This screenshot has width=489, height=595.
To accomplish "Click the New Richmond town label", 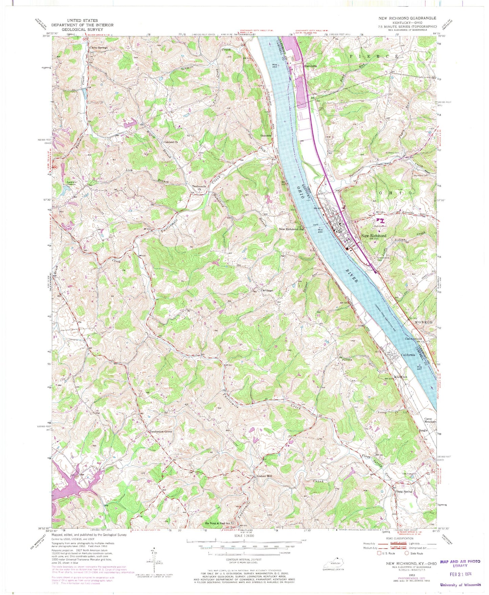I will tap(374, 236).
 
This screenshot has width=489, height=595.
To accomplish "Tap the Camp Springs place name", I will tap(98, 48).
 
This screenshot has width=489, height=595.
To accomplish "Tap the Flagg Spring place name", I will tap(403, 491).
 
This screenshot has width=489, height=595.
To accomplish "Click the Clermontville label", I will tap(414, 339).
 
